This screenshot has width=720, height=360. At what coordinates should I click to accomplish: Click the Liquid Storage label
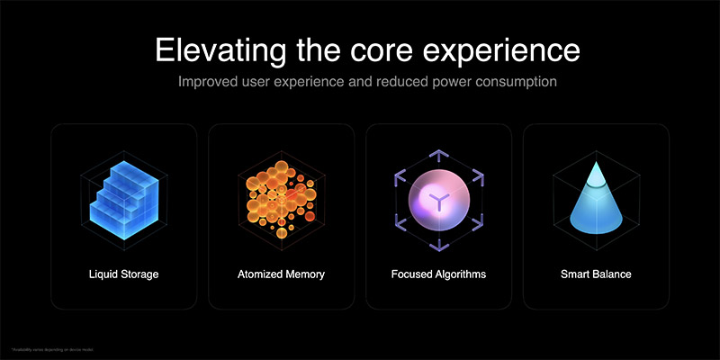[x=124, y=274]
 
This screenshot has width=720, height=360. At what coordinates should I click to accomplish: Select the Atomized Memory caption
[x=281, y=274]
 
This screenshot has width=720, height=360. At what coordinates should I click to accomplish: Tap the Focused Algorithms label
[x=438, y=274]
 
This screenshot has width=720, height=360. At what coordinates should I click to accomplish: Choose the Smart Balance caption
[x=596, y=274]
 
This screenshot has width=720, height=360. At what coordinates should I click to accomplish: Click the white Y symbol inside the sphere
[x=438, y=200]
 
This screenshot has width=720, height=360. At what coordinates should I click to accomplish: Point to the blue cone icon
[x=596, y=202]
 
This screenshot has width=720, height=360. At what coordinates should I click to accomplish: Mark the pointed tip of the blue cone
[x=596, y=163]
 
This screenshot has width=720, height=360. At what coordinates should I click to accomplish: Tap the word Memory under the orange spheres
[x=303, y=274]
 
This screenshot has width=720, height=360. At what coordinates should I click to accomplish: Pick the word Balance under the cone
[x=611, y=274]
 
